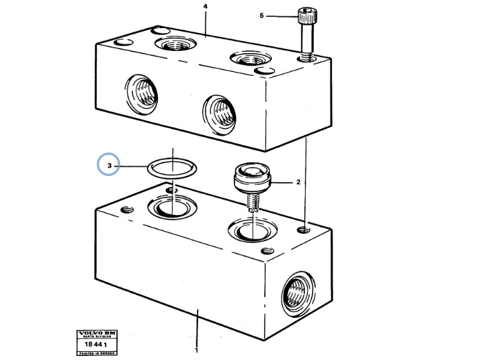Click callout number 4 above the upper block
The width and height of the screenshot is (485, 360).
point(205,7)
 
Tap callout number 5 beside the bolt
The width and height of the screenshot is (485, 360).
point(263,15)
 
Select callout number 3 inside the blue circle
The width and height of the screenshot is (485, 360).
point(108,165)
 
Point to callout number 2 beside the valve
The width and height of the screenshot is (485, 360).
point(298,181)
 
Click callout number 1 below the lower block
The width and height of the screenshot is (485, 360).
point(197,350)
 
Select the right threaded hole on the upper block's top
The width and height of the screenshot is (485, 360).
point(245,58)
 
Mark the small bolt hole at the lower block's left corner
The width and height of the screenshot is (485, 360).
point(124,210)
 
